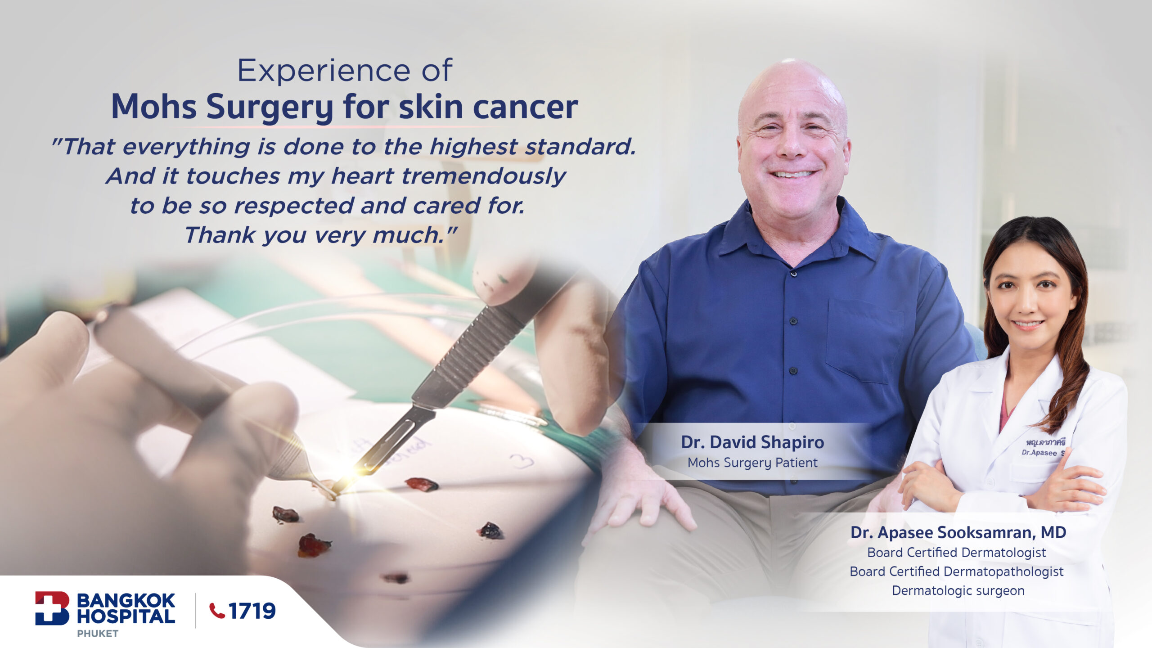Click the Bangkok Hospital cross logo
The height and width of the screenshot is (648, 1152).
52,608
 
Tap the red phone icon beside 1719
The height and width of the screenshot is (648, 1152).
217,611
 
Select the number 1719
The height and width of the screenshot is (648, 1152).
252,611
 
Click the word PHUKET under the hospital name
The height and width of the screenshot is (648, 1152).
98,634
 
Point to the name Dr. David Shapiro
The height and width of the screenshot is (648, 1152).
752,442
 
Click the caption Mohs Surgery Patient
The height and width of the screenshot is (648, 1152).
752,463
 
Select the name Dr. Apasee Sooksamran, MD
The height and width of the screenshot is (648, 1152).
958,532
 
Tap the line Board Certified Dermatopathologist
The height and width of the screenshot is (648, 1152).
957,571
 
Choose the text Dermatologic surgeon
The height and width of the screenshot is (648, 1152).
958,590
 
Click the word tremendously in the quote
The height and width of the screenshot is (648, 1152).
484,176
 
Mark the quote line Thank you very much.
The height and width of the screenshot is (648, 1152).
320,235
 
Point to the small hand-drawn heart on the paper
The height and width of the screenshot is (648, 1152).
522,461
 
